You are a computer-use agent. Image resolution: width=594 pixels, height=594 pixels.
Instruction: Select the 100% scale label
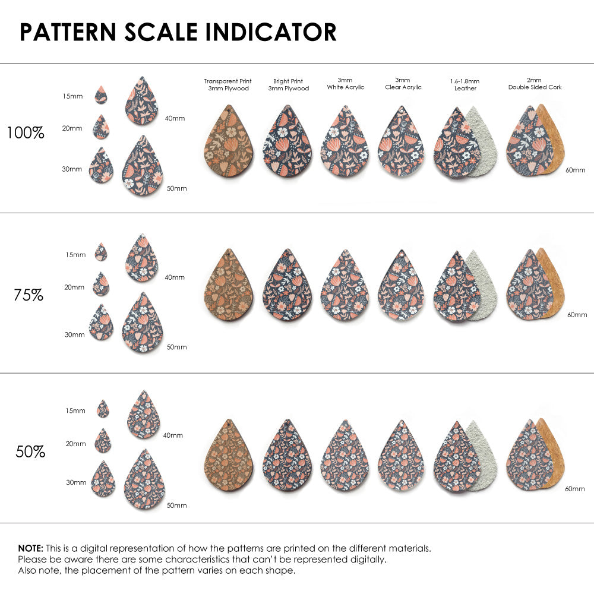(x=26, y=133)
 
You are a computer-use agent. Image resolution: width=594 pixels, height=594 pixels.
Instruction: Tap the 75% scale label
(x=29, y=295)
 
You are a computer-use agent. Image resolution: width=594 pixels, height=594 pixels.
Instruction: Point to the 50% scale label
(x=30, y=452)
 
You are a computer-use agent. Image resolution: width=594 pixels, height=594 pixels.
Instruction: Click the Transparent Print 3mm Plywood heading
(x=228, y=84)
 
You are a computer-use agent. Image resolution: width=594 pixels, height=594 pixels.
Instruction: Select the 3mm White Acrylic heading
(x=345, y=84)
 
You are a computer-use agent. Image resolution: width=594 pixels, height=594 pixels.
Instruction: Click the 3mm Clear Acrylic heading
(x=402, y=84)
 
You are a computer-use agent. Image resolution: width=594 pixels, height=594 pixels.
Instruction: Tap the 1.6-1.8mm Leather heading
(x=465, y=84)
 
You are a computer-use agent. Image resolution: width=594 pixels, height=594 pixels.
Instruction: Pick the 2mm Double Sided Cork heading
(x=535, y=84)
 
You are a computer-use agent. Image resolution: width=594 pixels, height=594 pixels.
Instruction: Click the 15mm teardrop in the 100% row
(x=101, y=94)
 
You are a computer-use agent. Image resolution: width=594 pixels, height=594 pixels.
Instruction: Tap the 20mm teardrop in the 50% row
(x=103, y=441)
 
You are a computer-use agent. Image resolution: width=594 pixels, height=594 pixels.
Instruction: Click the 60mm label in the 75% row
(x=577, y=314)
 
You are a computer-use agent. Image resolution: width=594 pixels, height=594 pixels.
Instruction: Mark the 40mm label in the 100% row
(x=175, y=118)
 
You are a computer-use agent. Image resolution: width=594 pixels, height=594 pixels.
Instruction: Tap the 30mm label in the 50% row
(x=75, y=483)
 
